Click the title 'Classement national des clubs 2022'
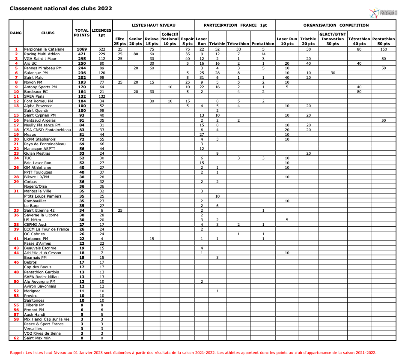[61, 8]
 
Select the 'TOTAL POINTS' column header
[81, 33]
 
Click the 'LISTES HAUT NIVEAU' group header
[153, 25]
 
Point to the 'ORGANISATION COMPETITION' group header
[336, 25]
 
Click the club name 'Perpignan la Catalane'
[44, 49]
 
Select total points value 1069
[81, 49]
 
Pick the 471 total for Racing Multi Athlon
[81, 54]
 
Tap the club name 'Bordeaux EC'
[36, 91]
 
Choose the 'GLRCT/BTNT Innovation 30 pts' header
[333, 39]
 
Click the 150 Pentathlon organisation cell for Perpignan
[384, 49]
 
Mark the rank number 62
[16, 338]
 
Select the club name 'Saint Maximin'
[37, 338]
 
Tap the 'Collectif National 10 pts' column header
[170, 39]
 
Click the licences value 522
[101, 49]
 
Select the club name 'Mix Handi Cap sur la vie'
[46, 319]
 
